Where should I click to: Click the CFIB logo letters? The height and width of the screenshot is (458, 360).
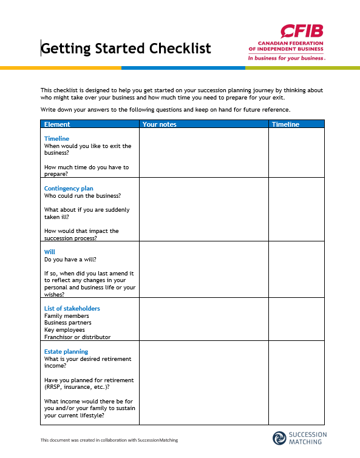(302, 32)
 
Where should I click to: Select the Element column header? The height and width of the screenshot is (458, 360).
(57, 124)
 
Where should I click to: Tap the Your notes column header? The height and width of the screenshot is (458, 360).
(159, 124)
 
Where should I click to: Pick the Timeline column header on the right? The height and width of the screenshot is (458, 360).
(285, 124)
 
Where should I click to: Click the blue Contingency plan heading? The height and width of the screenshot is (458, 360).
(69, 189)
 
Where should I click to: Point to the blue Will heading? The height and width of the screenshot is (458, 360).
(49, 252)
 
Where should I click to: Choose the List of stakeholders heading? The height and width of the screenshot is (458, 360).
(72, 309)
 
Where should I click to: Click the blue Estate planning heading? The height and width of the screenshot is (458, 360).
(66, 352)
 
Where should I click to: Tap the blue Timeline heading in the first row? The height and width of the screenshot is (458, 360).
(56, 139)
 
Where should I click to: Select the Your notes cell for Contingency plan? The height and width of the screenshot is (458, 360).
(203, 209)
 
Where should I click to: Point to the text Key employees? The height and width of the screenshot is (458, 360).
(64, 330)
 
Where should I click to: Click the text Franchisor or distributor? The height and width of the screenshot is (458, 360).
(77, 337)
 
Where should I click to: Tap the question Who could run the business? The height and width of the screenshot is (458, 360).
(82, 196)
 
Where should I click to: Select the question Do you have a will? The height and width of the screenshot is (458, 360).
(70, 260)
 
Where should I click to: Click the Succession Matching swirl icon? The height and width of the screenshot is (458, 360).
(279, 438)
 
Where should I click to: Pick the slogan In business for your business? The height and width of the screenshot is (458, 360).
(286, 59)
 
